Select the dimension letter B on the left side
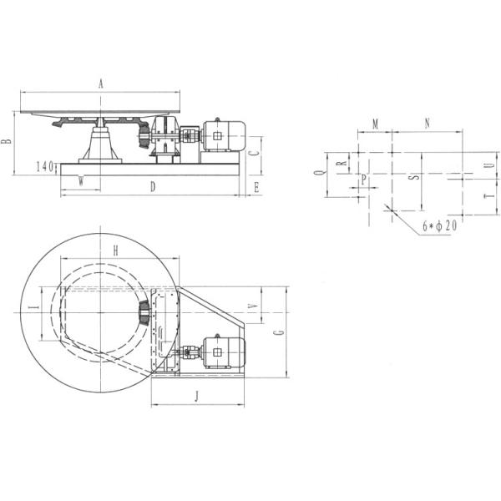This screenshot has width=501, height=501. click(x=7, y=143)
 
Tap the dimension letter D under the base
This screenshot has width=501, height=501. click(x=153, y=187)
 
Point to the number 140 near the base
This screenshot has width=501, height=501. click(x=45, y=166)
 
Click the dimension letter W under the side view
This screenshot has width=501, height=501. click(x=80, y=181)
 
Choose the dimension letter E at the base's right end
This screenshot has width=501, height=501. click(x=256, y=188)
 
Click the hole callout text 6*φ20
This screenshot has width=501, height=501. click(x=439, y=226)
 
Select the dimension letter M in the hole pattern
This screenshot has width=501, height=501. click(x=375, y=124)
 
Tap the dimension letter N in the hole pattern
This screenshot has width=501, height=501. click(x=427, y=123)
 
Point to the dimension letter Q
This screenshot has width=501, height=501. click(x=317, y=175)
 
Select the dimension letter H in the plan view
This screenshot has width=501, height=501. click(x=116, y=250)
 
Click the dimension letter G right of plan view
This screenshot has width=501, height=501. click(x=281, y=332)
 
